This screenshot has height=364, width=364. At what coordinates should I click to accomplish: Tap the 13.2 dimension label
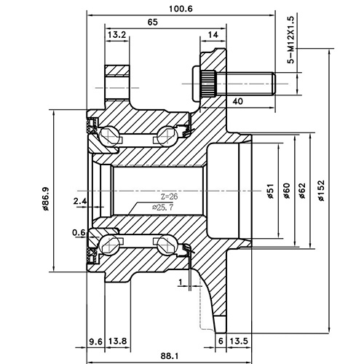(117, 35)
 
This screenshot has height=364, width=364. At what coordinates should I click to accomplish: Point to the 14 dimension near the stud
(213, 35)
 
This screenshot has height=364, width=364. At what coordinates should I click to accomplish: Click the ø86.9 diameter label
(45, 197)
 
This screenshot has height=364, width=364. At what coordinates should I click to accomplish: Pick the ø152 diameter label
(321, 190)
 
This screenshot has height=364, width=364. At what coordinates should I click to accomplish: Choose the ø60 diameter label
(286, 190)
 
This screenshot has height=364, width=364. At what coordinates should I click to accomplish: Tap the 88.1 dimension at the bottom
(170, 355)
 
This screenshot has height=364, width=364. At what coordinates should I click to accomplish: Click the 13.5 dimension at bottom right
(239, 341)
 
